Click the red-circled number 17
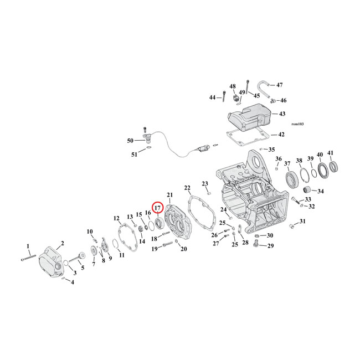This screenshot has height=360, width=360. (157, 208)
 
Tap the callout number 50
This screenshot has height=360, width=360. (131, 141)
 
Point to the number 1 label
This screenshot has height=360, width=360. (28, 245)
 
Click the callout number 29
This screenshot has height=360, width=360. (271, 245)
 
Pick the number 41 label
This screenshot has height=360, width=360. (331, 153)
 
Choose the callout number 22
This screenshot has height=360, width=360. (187, 188)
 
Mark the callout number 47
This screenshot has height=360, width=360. (280, 85)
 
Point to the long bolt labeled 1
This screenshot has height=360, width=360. (28, 256)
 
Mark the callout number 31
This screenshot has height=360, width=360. (302, 222)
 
